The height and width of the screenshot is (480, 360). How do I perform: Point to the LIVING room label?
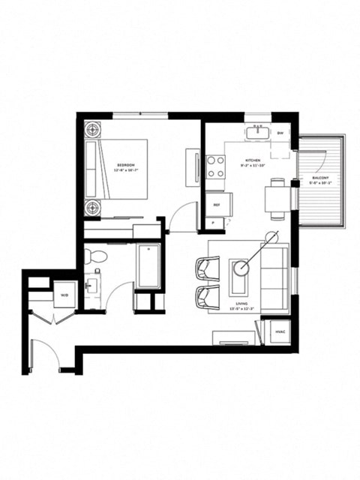(x=241, y=304)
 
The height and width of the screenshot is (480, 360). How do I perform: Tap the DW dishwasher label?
(x=280, y=133)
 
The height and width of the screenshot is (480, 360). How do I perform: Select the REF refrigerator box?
(x=217, y=203)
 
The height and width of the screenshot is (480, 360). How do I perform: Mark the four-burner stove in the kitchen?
(x=217, y=166)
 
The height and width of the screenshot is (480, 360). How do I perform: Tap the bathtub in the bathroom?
(x=148, y=266)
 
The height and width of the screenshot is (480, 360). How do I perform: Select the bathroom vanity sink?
(x=93, y=288)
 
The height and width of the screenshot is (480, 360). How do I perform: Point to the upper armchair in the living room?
(x=207, y=268)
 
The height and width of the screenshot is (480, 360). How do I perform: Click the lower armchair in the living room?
(x=207, y=297)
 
